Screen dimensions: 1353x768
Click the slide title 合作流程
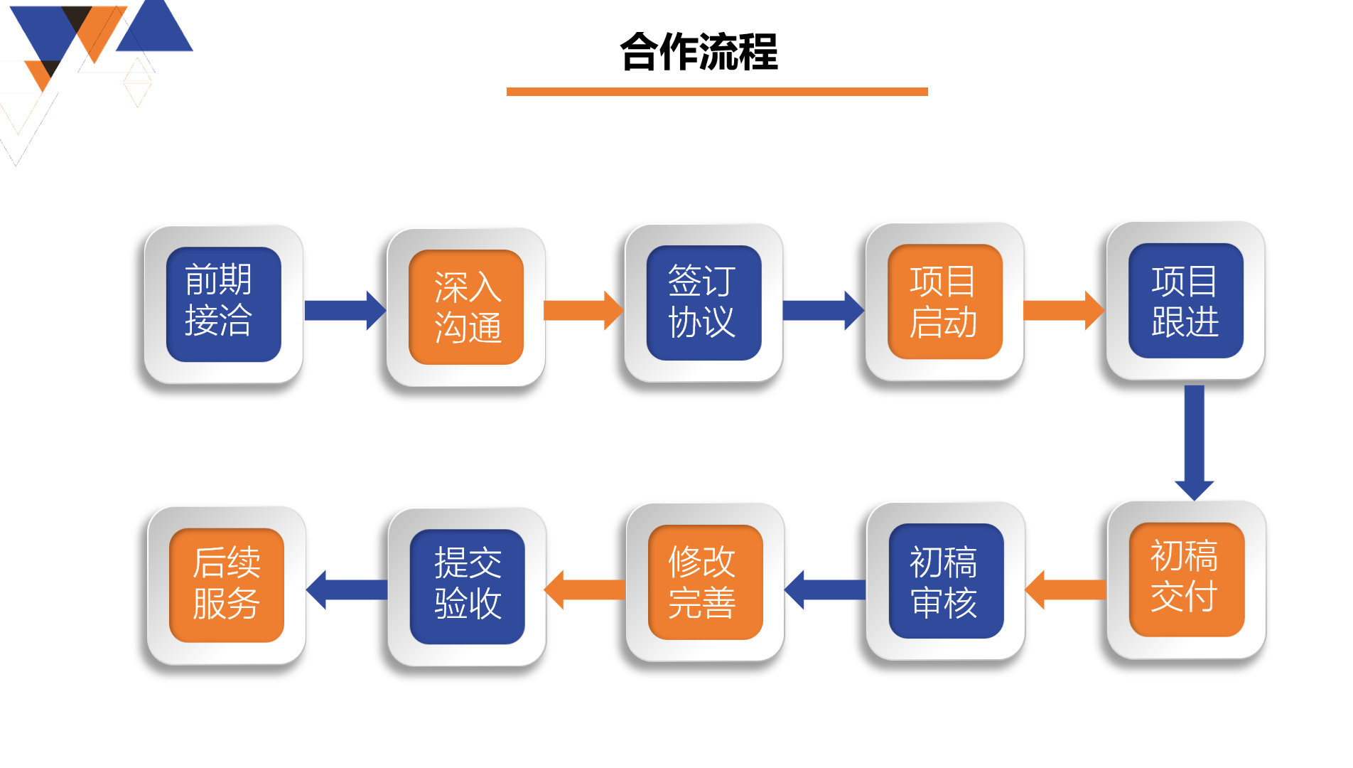pyautogui.click(x=699, y=52)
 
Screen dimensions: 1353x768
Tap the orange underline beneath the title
pyautogui.click(x=717, y=92)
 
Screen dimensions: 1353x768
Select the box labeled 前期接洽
pyautogui.click(x=224, y=304)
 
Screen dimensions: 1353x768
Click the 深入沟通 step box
pyautogui.click(x=466, y=307)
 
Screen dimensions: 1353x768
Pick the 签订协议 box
pyautogui.click(x=704, y=303)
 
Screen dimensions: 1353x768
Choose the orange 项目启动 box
pyautogui.click(x=944, y=302)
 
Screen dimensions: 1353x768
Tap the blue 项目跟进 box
pyautogui.click(x=1186, y=301)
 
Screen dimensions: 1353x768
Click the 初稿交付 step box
pyautogui.click(x=1187, y=580)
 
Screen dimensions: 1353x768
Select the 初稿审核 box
pyautogui.click(x=946, y=581)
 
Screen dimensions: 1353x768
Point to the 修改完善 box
pyautogui.click(x=705, y=582)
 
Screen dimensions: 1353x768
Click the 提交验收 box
pyautogui.click(x=467, y=587)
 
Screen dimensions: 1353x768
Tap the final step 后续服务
pyautogui.click(x=226, y=585)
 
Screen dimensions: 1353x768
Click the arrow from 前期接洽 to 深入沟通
pyautogui.click(x=345, y=310)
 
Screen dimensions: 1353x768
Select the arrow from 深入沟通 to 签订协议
pyautogui.click(x=583, y=310)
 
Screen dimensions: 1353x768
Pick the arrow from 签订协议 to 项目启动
pyautogui.click(x=824, y=310)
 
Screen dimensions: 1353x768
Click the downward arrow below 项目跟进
pyautogui.click(x=1195, y=442)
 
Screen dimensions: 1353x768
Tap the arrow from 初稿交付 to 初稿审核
pyautogui.click(x=1065, y=590)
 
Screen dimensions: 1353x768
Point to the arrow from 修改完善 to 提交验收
pyautogui.click(x=584, y=590)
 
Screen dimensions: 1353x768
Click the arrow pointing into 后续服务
pyautogui.click(x=347, y=590)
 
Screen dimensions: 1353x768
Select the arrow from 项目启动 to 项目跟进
pyautogui.click(x=1064, y=310)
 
